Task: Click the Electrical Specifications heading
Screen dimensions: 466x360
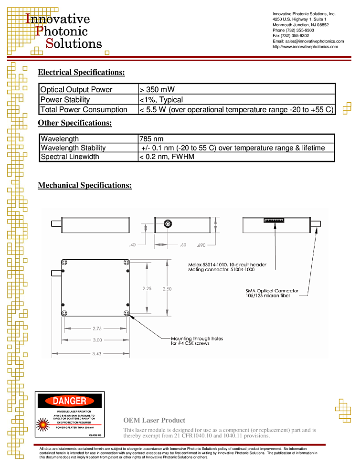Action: click(x=81, y=73)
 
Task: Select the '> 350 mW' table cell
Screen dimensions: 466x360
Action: click(x=157, y=89)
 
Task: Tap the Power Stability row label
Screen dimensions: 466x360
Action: click(x=65, y=100)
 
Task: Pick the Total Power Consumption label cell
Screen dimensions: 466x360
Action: click(x=84, y=110)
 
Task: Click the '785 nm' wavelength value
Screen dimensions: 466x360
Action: click(x=151, y=139)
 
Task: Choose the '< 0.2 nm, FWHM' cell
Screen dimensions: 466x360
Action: click(x=167, y=157)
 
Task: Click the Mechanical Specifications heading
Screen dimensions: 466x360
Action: click(x=85, y=185)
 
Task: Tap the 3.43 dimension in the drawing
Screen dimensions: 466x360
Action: click(x=96, y=353)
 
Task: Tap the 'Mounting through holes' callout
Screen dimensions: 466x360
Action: click(x=197, y=339)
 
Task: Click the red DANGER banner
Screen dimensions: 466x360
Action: click(x=70, y=401)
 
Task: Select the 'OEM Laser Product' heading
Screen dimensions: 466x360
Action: click(x=154, y=420)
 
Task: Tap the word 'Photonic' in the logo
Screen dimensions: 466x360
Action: click(x=62, y=31)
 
